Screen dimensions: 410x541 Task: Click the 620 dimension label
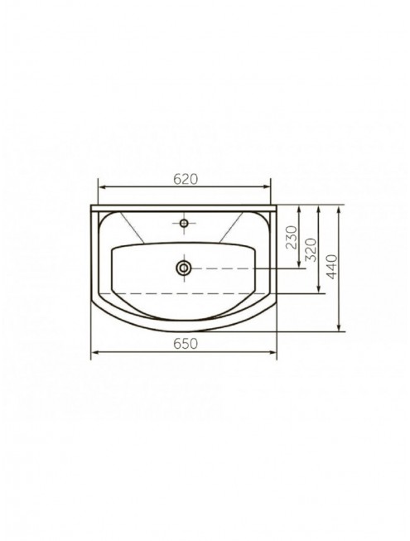point(186,179)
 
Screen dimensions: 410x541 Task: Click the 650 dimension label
point(186,344)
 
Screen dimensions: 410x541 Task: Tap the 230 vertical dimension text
point(292,238)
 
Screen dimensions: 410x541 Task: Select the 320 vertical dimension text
point(311,250)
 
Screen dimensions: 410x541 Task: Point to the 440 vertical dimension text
point(331,267)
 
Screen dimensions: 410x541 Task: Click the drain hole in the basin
point(184,268)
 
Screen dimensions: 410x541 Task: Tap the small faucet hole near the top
point(184,223)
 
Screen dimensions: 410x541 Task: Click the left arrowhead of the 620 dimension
point(103,187)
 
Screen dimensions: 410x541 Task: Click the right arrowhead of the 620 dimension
point(267,187)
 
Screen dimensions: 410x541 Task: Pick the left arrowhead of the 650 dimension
point(95,352)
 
